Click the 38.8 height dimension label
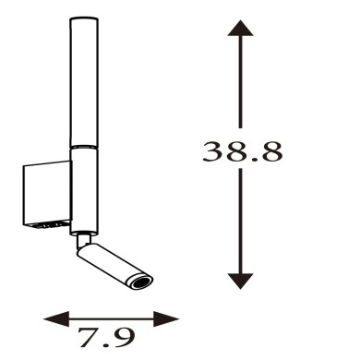click(x=242, y=151)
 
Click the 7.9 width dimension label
click(x=106, y=338)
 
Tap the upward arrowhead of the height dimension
click(x=240, y=28)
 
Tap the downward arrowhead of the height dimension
click(x=240, y=281)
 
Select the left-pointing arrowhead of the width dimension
click(x=56, y=318)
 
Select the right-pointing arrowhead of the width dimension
click(x=166, y=318)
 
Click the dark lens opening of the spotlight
click(x=142, y=282)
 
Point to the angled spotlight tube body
click(x=114, y=266)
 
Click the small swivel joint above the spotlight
click(x=84, y=241)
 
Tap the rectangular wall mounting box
click(x=47, y=195)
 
